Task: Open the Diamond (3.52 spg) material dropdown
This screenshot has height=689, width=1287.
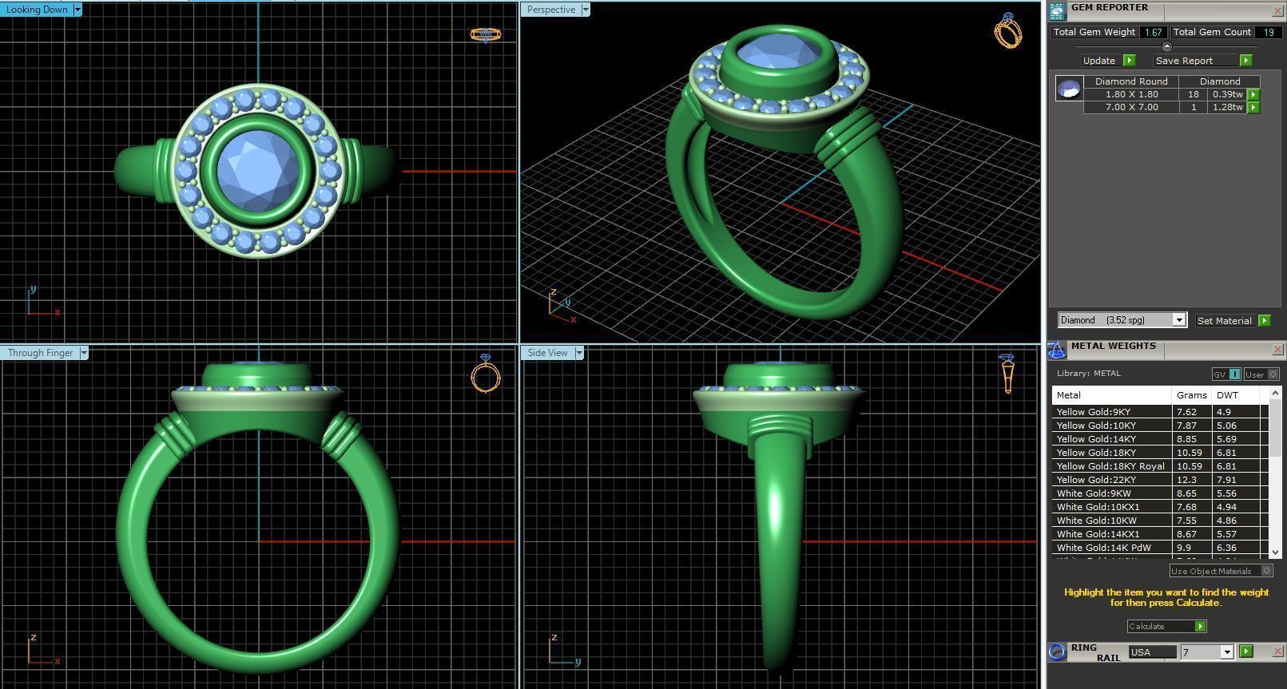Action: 1178,320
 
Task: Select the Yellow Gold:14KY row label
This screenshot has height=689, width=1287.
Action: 1095,439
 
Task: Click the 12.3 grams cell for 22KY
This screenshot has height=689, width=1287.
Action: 1186,480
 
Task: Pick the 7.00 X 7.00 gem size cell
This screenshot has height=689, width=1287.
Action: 1131,107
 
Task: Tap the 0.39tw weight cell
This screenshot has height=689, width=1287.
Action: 1227,94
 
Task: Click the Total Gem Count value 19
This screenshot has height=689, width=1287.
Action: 1268,32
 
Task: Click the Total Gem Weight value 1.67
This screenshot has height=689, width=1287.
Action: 1153,32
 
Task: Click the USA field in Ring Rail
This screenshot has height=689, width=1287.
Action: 1151,652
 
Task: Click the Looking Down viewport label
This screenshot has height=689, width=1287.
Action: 37,10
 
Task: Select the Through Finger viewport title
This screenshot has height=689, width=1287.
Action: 40,353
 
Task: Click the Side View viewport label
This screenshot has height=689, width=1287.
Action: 547,353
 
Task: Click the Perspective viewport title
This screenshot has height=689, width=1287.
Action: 550,10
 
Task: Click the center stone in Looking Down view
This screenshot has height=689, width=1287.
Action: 258,169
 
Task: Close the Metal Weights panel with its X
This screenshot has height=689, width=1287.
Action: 1277,350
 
